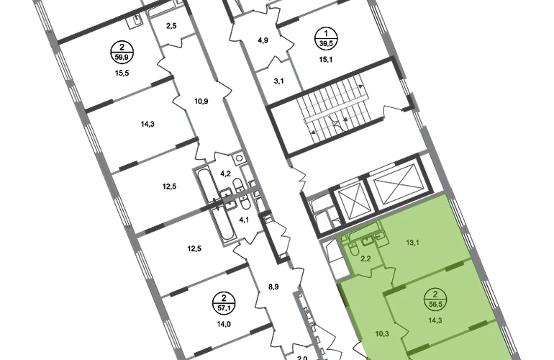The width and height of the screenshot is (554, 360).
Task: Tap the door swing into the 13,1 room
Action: pos(393,274)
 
